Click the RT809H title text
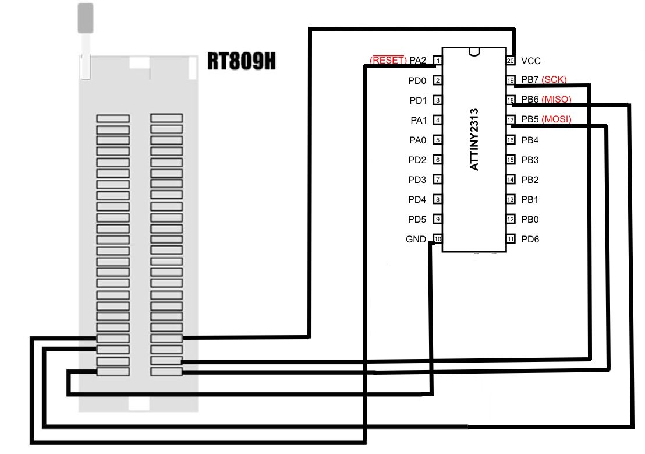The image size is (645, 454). tap(242, 61)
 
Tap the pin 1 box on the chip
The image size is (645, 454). tap(438, 61)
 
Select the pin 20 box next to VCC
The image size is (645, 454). tap(511, 61)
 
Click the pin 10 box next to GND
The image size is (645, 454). tap(438, 239)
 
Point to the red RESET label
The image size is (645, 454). tap(388, 60)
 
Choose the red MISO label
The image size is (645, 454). tap(557, 99)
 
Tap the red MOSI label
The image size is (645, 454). tap(557, 119)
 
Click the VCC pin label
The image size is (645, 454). tap(531, 61)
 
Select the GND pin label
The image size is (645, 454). tap(416, 240)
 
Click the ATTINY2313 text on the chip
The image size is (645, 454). tap(474, 139)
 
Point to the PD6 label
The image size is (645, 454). tap(530, 240)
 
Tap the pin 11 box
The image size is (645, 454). tap(511, 239)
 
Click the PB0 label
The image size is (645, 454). tap(530, 220)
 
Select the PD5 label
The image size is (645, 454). tap(417, 220)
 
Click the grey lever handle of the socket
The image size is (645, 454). tap(86, 18)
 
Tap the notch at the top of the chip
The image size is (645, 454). tap(474, 51)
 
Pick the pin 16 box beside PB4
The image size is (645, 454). tap(511, 140)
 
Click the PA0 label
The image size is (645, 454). tap(417, 140)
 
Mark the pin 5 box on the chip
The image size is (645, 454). tap(438, 140)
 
